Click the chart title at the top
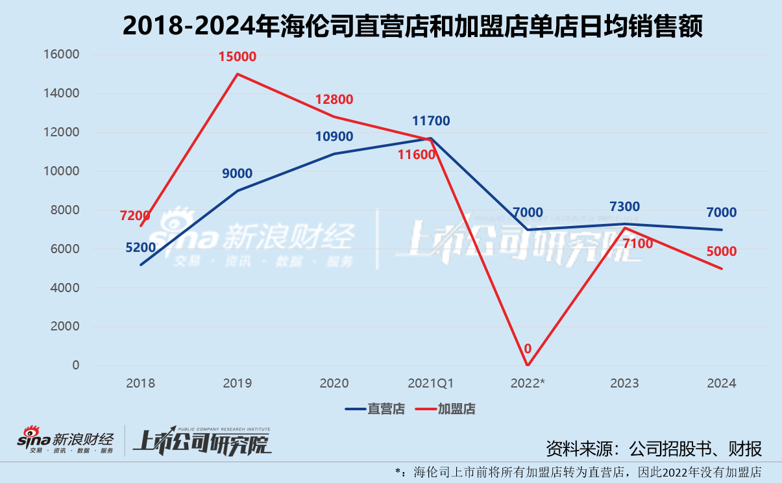[412, 27]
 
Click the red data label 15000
[238, 56]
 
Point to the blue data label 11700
[431, 121]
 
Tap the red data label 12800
[334, 99]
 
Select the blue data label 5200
[140, 247]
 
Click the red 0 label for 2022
[528, 349]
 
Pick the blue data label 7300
[624, 207]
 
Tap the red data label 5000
[721, 251]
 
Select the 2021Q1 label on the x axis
[431, 383]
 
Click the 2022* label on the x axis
[528, 383]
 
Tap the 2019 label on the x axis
[238, 383]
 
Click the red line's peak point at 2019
[238, 73]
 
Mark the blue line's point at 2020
[334, 154]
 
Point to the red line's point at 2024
[722, 269]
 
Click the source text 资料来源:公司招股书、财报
[653, 448]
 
